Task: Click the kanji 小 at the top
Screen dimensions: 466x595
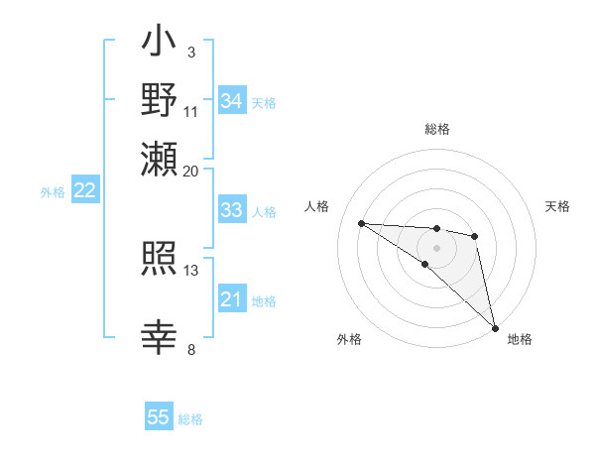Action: tap(160, 43)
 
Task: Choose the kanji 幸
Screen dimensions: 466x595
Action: tap(160, 337)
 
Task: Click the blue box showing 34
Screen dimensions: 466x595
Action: tap(232, 101)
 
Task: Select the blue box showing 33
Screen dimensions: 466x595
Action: tap(232, 210)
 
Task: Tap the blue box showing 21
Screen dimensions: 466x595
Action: tap(232, 300)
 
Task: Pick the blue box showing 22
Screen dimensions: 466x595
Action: tap(85, 191)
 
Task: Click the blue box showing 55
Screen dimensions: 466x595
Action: tap(159, 418)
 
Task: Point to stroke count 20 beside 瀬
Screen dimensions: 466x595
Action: tap(191, 171)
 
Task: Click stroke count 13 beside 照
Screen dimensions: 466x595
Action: tap(191, 270)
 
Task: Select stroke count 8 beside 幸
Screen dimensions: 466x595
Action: tap(191, 348)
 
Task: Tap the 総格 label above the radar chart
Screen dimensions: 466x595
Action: tap(436, 129)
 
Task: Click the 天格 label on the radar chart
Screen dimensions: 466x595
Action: tap(557, 206)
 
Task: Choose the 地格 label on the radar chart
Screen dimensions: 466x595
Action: tap(520, 339)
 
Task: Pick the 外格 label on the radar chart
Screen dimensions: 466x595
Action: tap(350, 339)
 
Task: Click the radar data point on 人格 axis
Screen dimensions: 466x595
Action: tap(361, 223)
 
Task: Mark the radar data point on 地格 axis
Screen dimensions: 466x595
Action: tap(495, 327)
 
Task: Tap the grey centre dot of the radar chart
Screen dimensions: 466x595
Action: tap(436, 248)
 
